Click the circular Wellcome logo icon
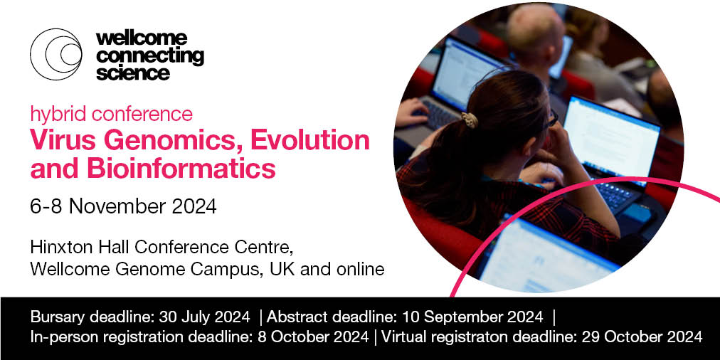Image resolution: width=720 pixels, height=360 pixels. pyautogui.click(x=55, y=53)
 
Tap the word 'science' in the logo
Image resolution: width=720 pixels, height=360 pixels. pyautogui.click(x=133, y=73)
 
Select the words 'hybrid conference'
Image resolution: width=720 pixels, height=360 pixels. pyautogui.click(x=111, y=114)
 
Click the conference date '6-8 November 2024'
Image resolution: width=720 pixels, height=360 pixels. pyautogui.click(x=123, y=207)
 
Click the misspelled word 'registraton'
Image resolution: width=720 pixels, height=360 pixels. pyautogui.click(x=471, y=337)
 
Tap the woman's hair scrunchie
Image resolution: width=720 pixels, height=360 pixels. pyautogui.click(x=470, y=120)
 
